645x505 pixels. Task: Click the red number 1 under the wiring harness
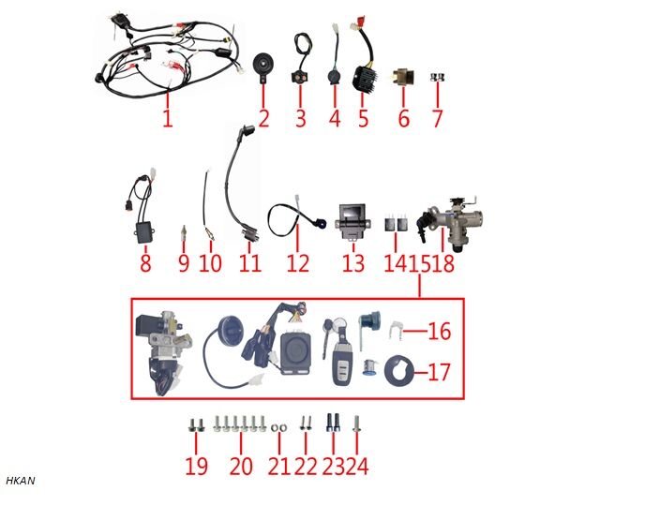coord(167,119)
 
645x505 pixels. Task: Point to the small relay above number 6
coord(404,74)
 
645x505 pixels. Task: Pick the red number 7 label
coord(436,119)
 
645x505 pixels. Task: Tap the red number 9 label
coord(184,263)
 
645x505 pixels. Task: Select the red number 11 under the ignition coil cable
coord(249,263)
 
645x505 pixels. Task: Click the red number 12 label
coord(298,263)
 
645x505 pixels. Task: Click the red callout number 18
coord(442,263)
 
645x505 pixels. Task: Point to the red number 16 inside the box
coord(440,331)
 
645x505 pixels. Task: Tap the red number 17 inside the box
coord(439,372)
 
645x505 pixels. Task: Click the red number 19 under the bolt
coord(196,466)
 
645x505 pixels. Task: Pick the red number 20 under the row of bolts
coord(242,466)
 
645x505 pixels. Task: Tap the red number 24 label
coord(357,466)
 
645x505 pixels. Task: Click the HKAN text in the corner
coord(20,481)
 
